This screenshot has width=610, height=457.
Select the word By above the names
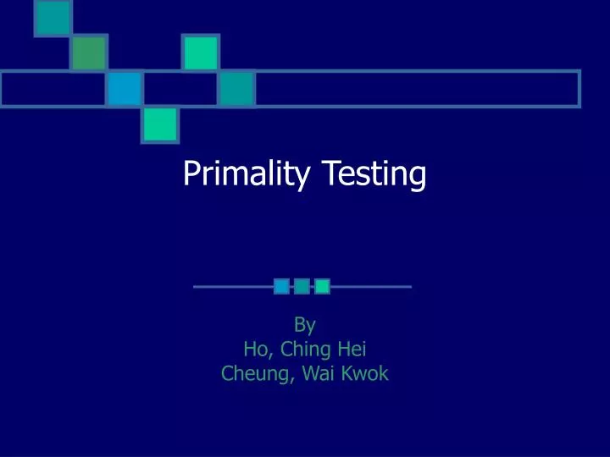pyautogui.click(x=304, y=323)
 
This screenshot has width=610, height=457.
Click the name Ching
pyautogui.click(x=303, y=348)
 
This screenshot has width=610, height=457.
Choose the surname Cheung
pyautogui.click(x=253, y=372)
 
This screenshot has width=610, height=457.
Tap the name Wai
pyautogui.click(x=315, y=372)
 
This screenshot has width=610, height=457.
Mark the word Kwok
pyautogui.click(x=365, y=372)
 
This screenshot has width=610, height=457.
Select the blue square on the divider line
pyautogui.click(x=281, y=287)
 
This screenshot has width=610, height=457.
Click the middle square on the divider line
pyautogui.click(x=302, y=287)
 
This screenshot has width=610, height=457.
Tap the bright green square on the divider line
pyautogui.click(x=322, y=287)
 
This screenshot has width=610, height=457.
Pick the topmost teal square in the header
pyautogui.click(x=53, y=18)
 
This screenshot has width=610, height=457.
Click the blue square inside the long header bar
pyautogui.click(x=125, y=88)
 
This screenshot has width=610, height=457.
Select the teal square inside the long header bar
pyautogui.click(x=237, y=88)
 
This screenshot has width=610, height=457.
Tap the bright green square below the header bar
pyautogui.click(x=160, y=124)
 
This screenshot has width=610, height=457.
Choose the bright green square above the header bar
pyautogui.click(x=201, y=52)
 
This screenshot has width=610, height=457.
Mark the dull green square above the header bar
pyautogui.click(x=89, y=53)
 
